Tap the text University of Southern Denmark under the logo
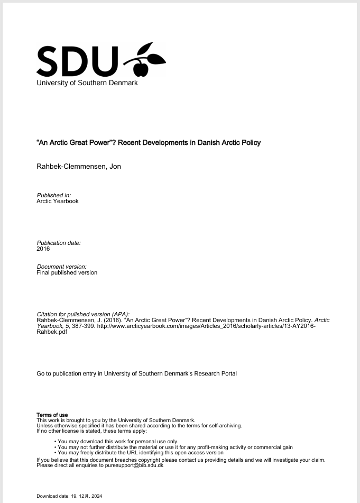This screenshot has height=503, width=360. coord(87,83)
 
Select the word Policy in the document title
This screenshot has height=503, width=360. coord(250,142)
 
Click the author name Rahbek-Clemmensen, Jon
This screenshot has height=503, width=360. coord(79,167)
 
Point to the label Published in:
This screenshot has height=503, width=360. coord(53,195)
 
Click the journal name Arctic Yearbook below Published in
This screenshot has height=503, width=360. coord(57,201)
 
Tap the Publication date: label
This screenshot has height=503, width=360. coord(59,243)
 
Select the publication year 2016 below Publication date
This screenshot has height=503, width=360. coord(43,249)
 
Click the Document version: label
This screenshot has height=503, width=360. coord(61,267)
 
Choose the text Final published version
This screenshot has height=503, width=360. coord(67,272)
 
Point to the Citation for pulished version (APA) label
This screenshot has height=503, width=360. coord(82,314)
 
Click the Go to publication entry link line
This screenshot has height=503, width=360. coord(136,373)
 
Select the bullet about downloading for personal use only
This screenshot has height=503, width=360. coord(118,442)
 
